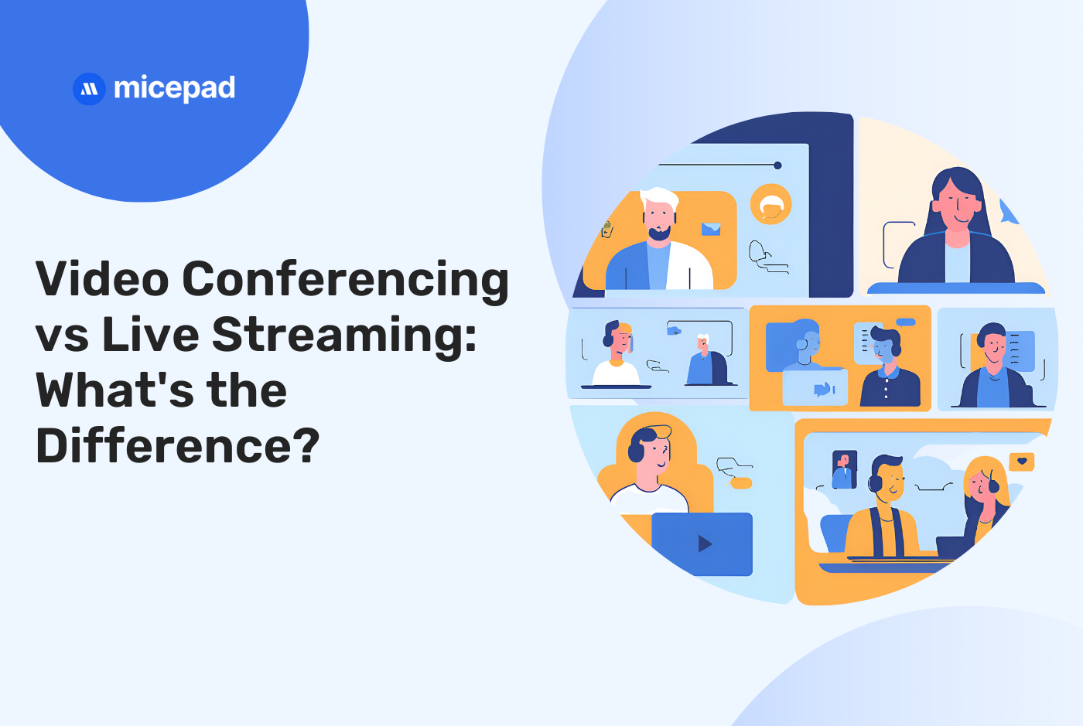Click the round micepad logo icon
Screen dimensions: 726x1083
(x=89, y=89)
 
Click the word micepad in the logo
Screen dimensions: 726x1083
(x=174, y=89)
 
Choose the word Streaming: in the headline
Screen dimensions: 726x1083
(x=344, y=336)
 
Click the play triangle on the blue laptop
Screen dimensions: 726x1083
(x=705, y=544)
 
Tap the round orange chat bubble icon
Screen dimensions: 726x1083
(x=770, y=205)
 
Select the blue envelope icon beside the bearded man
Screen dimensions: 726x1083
(x=711, y=229)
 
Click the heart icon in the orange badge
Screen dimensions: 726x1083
(x=1022, y=462)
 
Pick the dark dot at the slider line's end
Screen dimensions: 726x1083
(x=777, y=165)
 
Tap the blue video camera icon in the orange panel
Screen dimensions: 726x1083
(x=823, y=389)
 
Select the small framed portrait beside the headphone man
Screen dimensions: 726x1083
(x=844, y=469)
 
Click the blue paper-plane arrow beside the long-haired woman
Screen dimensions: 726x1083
(x=1008, y=211)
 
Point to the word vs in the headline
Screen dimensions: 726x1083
(x=62, y=336)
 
